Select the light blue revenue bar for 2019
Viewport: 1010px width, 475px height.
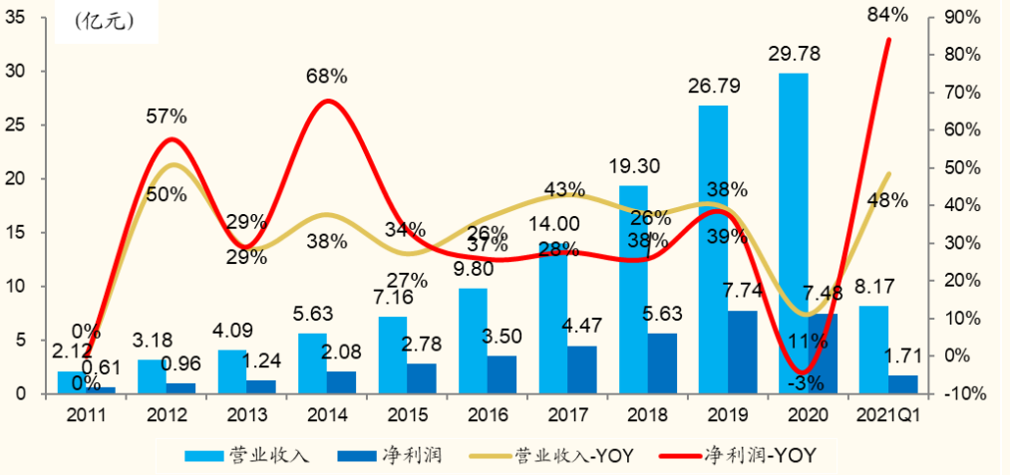point(713,249)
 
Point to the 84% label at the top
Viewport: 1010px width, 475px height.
point(887,14)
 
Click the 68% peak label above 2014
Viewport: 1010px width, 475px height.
point(326,76)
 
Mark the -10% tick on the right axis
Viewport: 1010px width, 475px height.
point(963,393)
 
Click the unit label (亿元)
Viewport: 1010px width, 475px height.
point(103,22)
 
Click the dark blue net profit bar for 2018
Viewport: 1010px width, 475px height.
point(661,362)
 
